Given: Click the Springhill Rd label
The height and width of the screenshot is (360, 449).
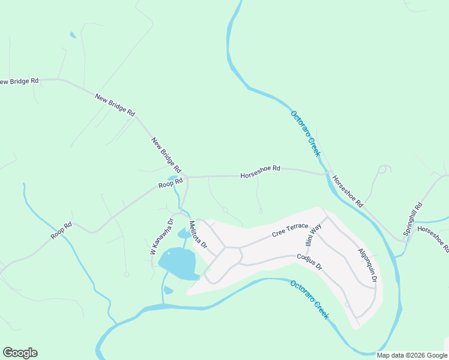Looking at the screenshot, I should (x=413, y=218).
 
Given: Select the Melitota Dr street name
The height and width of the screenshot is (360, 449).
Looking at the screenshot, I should (x=197, y=235).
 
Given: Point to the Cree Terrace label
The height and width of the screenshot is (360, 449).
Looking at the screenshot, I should (x=289, y=229).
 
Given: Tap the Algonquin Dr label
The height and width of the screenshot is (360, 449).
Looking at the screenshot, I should (x=367, y=265).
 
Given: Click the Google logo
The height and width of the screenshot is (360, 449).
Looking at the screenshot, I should (x=20, y=353).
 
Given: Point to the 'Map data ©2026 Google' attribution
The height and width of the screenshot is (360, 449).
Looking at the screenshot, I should (x=412, y=355).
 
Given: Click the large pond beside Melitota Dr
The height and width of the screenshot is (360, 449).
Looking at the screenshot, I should (x=178, y=263).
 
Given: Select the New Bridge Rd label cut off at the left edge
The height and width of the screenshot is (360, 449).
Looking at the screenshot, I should (x=18, y=81).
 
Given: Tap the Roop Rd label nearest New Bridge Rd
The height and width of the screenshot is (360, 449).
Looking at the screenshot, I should (x=170, y=184).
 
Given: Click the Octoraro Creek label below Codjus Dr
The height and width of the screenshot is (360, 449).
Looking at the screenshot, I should (x=309, y=299).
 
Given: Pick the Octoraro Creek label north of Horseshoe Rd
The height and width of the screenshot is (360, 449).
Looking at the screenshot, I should (x=306, y=133).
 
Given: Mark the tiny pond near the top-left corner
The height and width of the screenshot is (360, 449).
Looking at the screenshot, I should (x=73, y=35).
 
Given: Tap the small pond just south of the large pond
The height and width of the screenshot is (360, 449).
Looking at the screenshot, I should (x=168, y=290).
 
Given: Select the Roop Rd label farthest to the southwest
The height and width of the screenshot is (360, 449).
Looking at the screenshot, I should (x=61, y=231).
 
